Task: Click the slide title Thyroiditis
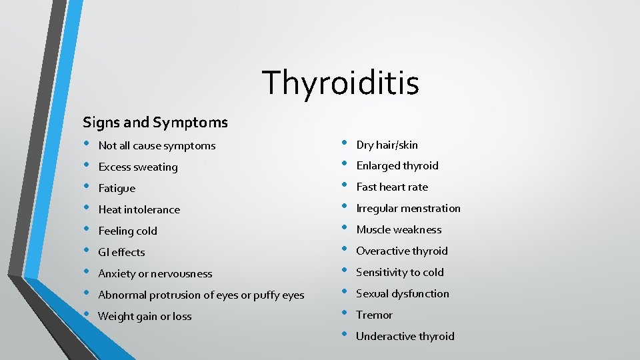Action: pyautogui.click(x=341, y=83)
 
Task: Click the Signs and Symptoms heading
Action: pyautogui.click(x=155, y=123)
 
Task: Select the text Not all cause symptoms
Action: pyautogui.click(x=157, y=145)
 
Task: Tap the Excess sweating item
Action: pyautogui.click(x=138, y=167)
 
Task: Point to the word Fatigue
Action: pyautogui.click(x=117, y=188)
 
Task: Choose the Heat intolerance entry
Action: pyautogui.click(x=139, y=209)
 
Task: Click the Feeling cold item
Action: pyautogui.click(x=127, y=231)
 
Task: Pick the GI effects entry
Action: pyautogui.click(x=121, y=252)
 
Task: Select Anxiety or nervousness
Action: pyautogui.click(x=155, y=273)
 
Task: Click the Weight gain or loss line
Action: pyautogui.click(x=145, y=316)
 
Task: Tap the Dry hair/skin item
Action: pyautogui.click(x=387, y=145)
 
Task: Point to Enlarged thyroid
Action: pyautogui.click(x=397, y=166)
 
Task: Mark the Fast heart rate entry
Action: pyautogui.click(x=392, y=187)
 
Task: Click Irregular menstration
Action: pyautogui.click(x=408, y=209)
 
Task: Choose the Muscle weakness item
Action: pyautogui.click(x=399, y=230)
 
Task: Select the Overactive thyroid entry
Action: pyautogui.click(x=402, y=251)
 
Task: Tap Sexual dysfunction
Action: pyautogui.click(x=403, y=294)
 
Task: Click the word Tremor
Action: pyautogui.click(x=374, y=315)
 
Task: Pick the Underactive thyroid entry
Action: pyautogui.click(x=405, y=337)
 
